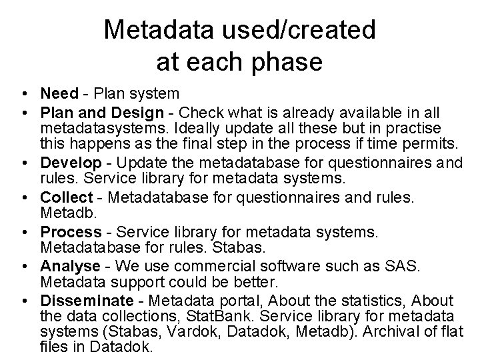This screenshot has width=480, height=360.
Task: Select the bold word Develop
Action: (71, 163)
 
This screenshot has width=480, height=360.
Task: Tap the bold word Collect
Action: (67, 198)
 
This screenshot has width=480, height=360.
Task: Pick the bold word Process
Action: (71, 232)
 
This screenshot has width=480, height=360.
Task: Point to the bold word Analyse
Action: (71, 267)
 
